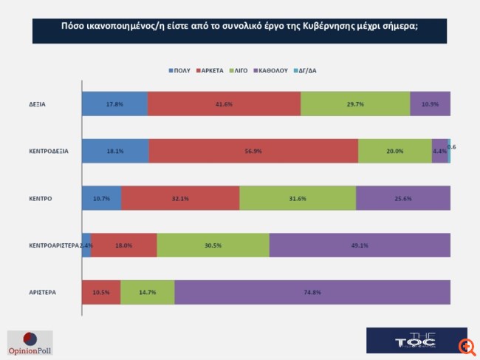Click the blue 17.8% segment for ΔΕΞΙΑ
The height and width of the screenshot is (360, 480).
pyautogui.click(x=114, y=104)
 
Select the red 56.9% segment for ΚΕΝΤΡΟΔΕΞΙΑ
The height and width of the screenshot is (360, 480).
pyautogui.click(x=253, y=151)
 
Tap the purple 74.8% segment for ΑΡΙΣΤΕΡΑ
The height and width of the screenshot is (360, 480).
pyautogui.click(x=312, y=292)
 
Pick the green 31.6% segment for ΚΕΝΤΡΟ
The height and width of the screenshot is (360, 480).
pyautogui.click(x=298, y=198)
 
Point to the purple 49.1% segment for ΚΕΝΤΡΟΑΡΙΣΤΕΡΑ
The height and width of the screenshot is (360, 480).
pyautogui.click(x=360, y=245)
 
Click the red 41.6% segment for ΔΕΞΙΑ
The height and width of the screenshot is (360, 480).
pyautogui.click(x=224, y=104)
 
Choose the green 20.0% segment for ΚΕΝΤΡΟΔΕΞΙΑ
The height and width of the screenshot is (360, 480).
pyautogui.click(x=395, y=151)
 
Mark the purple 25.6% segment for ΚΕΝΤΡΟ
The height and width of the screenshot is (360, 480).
pyautogui.click(x=403, y=198)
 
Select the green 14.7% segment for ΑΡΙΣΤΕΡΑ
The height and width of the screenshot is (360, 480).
pyautogui.click(x=148, y=292)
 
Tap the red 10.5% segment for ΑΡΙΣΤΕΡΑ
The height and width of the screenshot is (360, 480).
pyautogui.click(x=101, y=292)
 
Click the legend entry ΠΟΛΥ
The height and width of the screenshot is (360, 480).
pyautogui.click(x=179, y=70)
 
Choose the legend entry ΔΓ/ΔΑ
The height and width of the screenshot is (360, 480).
pyautogui.click(x=307, y=70)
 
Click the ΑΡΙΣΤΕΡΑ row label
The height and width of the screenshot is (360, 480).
pyautogui.click(x=43, y=292)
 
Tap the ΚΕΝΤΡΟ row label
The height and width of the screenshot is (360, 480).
pyautogui.click(x=41, y=198)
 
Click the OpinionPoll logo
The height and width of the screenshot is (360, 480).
pyautogui.click(x=30, y=342)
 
